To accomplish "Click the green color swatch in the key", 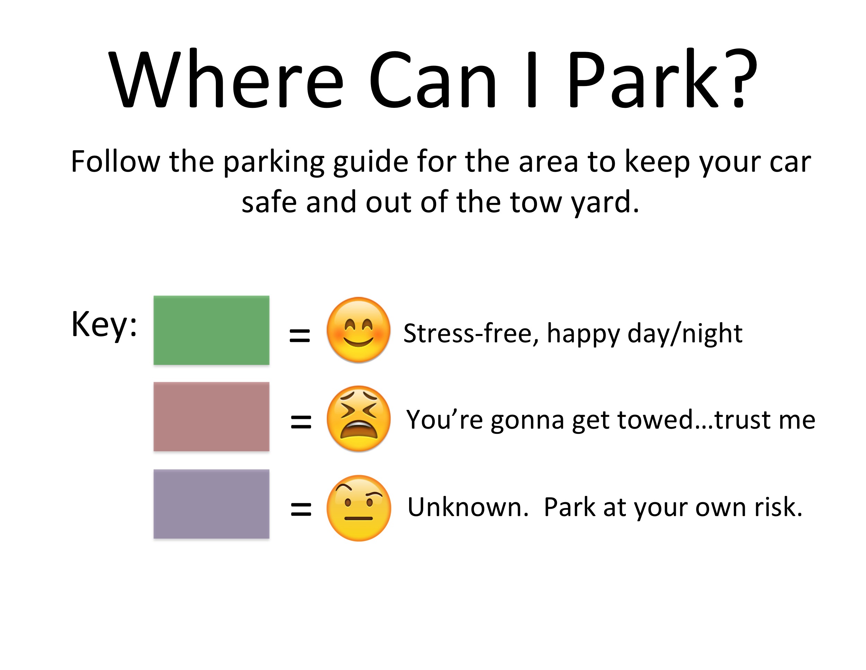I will click(211, 330).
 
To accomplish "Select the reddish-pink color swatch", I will click(211, 416).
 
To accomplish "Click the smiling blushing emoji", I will click(359, 330).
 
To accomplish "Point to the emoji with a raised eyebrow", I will click(359, 508).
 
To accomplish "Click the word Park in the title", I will click(644, 79).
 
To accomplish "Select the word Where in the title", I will click(226, 79).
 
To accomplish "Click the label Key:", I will click(104, 325).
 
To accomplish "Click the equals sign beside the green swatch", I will click(299, 335).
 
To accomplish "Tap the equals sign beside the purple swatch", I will click(301, 509).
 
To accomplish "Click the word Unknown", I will click(468, 507).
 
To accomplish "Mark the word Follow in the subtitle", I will click(115, 162).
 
